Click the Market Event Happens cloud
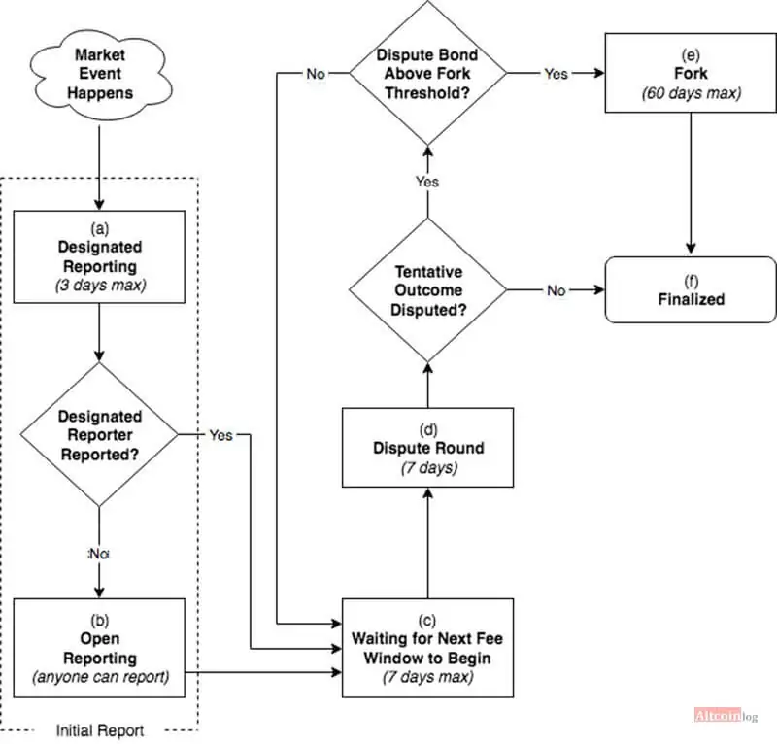(101, 75)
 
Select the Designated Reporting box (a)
(99, 256)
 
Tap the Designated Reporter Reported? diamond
(99, 435)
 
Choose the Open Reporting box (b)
(99, 648)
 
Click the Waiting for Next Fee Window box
(427, 648)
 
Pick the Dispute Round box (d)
(427, 448)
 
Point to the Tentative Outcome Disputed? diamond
(427, 290)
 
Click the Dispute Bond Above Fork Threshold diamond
(427, 73)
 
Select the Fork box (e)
(691, 73)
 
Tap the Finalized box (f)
(691, 290)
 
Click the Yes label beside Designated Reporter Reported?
(220, 435)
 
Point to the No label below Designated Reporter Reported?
(99, 554)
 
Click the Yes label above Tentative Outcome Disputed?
(427, 182)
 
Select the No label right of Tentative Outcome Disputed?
(556, 290)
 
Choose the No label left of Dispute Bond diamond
(316, 74)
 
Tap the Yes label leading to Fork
(556, 74)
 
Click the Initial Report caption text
(100, 730)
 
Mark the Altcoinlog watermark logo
(726, 715)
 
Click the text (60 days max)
(692, 92)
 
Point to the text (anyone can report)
(101, 677)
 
